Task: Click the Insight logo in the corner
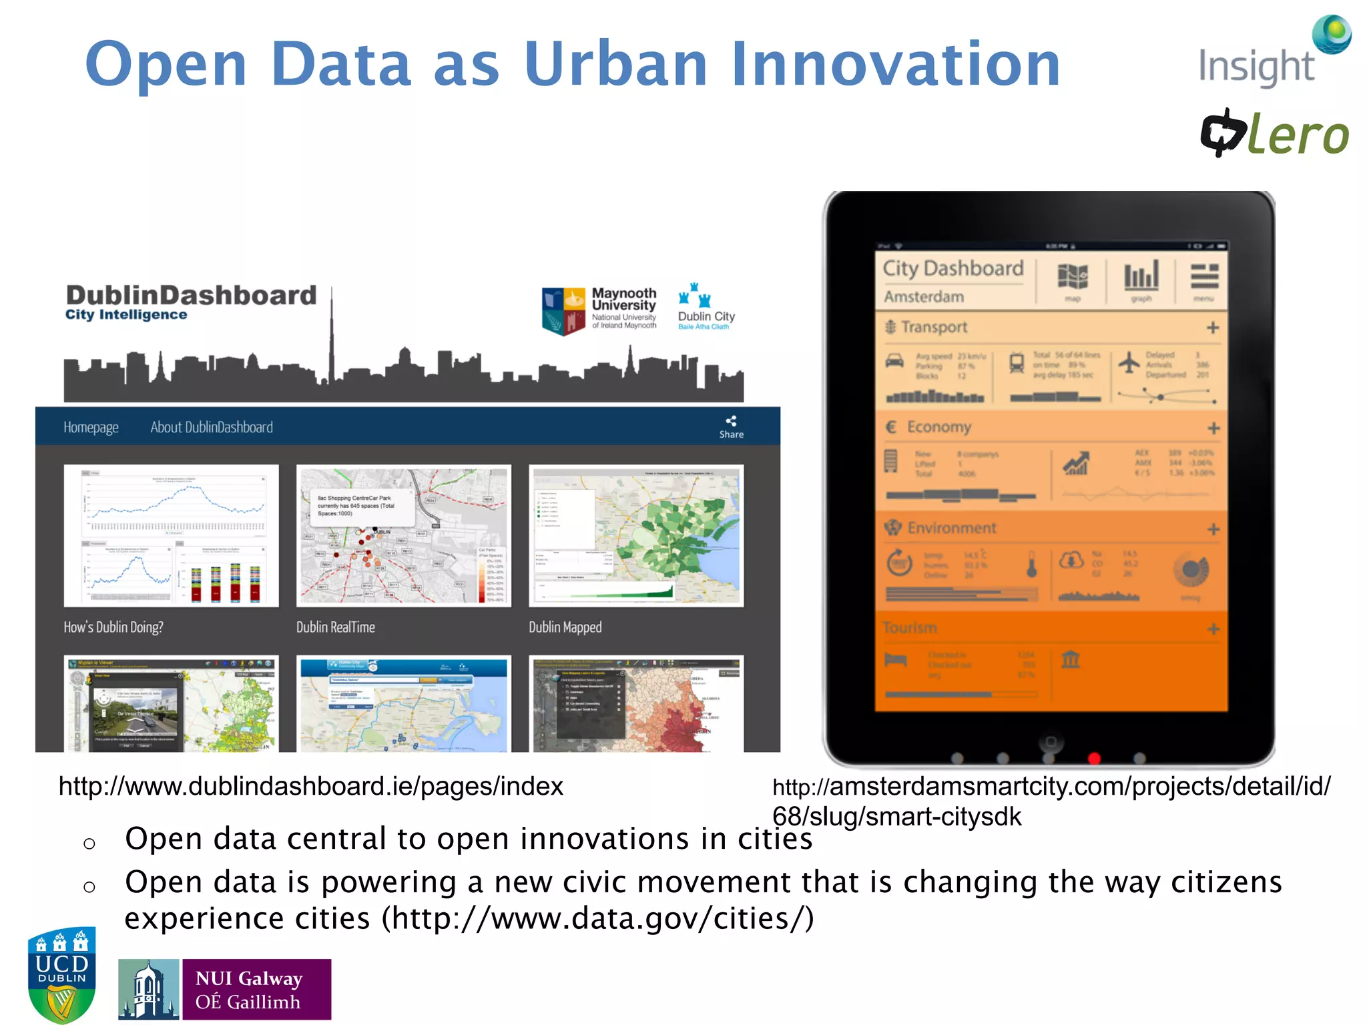(x=1272, y=53)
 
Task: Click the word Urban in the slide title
(x=615, y=64)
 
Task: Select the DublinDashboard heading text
(x=191, y=296)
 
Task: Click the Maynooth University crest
(x=563, y=311)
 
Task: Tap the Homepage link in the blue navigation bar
(x=91, y=427)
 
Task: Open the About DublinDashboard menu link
(x=212, y=427)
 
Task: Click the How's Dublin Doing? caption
(x=113, y=627)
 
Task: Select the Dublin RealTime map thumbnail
(x=403, y=535)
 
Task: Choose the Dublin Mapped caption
(x=565, y=627)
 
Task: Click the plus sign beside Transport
(x=1213, y=328)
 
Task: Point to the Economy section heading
(x=938, y=427)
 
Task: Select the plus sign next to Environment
(x=1213, y=529)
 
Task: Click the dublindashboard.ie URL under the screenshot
(x=311, y=786)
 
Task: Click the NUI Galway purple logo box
(x=256, y=990)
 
